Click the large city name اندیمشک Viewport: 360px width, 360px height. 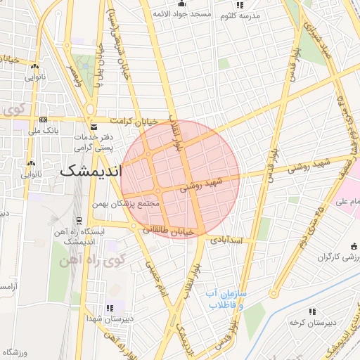coord(91,171)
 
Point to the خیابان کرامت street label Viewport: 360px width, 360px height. coord(144,120)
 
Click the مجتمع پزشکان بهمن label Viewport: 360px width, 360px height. coord(127,204)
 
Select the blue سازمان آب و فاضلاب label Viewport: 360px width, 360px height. coord(226,300)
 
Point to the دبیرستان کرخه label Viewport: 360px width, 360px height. coord(311,323)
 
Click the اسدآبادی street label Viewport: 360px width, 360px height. coord(225,240)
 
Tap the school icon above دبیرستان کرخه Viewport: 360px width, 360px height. coord(312,311)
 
